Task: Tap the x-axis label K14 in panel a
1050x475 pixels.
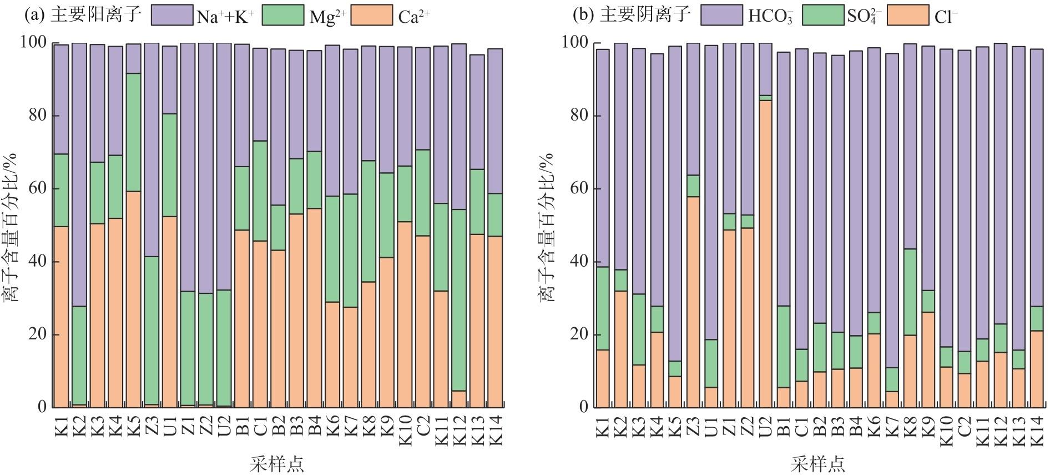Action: [x=496, y=429]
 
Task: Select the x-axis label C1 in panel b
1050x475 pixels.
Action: [x=801, y=429]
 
